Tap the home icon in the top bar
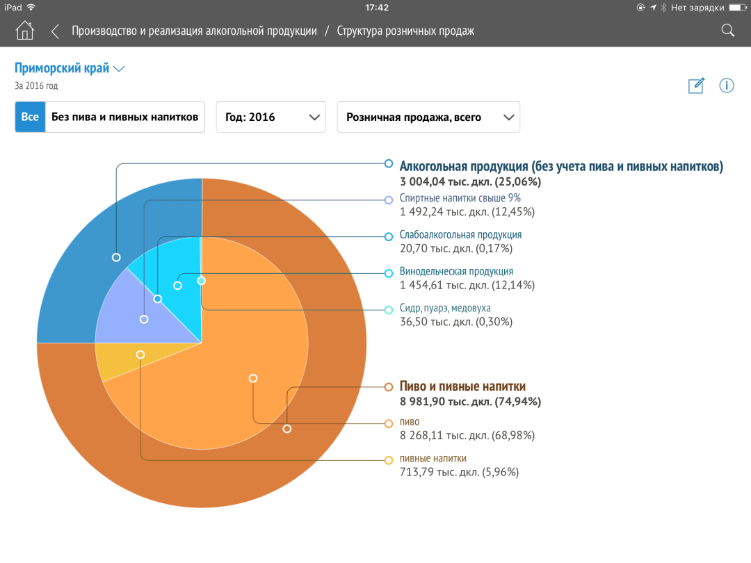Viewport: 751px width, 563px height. click(25, 31)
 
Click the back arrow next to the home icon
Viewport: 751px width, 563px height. click(55, 31)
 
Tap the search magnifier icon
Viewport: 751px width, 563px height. click(727, 31)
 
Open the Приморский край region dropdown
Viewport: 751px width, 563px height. click(70, 68)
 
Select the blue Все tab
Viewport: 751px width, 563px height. click(30, 117)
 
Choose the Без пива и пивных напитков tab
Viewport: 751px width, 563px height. click(124, 117)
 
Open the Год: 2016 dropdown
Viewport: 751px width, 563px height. click(270, 117)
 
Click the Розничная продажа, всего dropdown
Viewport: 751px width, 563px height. click(428, 117)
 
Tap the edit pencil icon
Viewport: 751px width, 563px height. click(696, 85)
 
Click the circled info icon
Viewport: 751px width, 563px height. click(727, 85)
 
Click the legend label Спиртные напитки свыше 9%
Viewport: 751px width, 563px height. click(460, 198)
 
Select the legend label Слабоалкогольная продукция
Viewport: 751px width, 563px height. click(460, 235)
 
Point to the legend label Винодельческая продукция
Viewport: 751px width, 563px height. click(456, 271)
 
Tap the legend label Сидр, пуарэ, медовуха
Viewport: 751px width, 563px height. click(450, 308)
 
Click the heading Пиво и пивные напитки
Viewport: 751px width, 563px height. click(462, 386)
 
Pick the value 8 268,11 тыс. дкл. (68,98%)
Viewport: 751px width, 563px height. click(467, 435)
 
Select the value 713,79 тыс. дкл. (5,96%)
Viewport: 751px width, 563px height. click(459, 472)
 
